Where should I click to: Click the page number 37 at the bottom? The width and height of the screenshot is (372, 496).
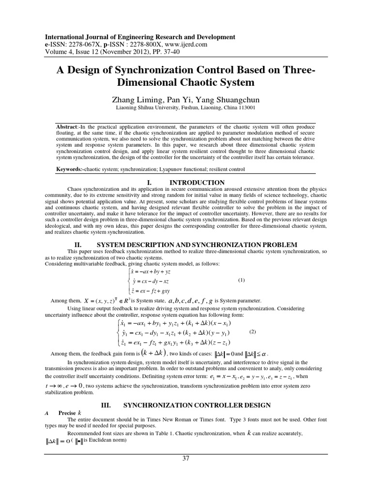(186, 459)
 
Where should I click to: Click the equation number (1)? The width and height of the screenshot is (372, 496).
(242, 280)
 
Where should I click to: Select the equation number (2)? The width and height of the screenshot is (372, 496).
(252, 332)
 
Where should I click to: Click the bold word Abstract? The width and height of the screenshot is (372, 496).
(68, 126)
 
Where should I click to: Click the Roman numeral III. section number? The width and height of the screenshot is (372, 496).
(106, 404)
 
